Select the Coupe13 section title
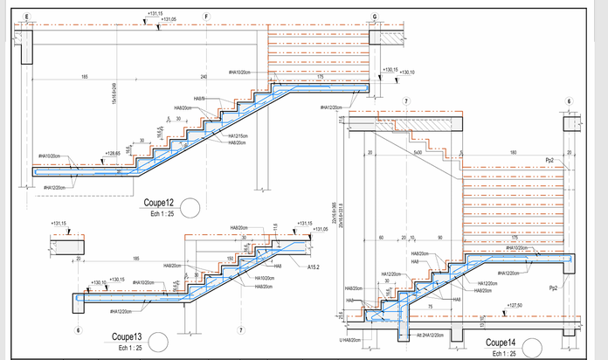(x=127, y=336)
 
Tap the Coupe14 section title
(x=502, y=342)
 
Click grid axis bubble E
(x=27, y=17)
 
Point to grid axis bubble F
(x=207, y=17)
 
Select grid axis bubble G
(x=375, y=17)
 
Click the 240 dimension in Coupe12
(x=203, y=78)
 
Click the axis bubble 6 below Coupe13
(x=79, y=330)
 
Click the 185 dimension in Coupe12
(x=84, y=78)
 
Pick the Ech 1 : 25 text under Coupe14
(x=502, y=353)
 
